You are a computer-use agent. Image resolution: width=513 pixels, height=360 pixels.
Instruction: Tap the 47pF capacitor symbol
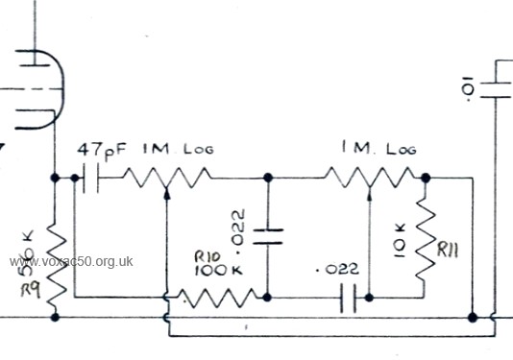point(91,179)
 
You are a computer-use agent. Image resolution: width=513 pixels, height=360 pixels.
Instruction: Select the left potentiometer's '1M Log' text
point(178,152)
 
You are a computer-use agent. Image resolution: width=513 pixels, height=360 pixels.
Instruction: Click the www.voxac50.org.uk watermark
point(72,261)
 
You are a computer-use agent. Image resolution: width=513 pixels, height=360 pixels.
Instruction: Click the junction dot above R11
point(425,179)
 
